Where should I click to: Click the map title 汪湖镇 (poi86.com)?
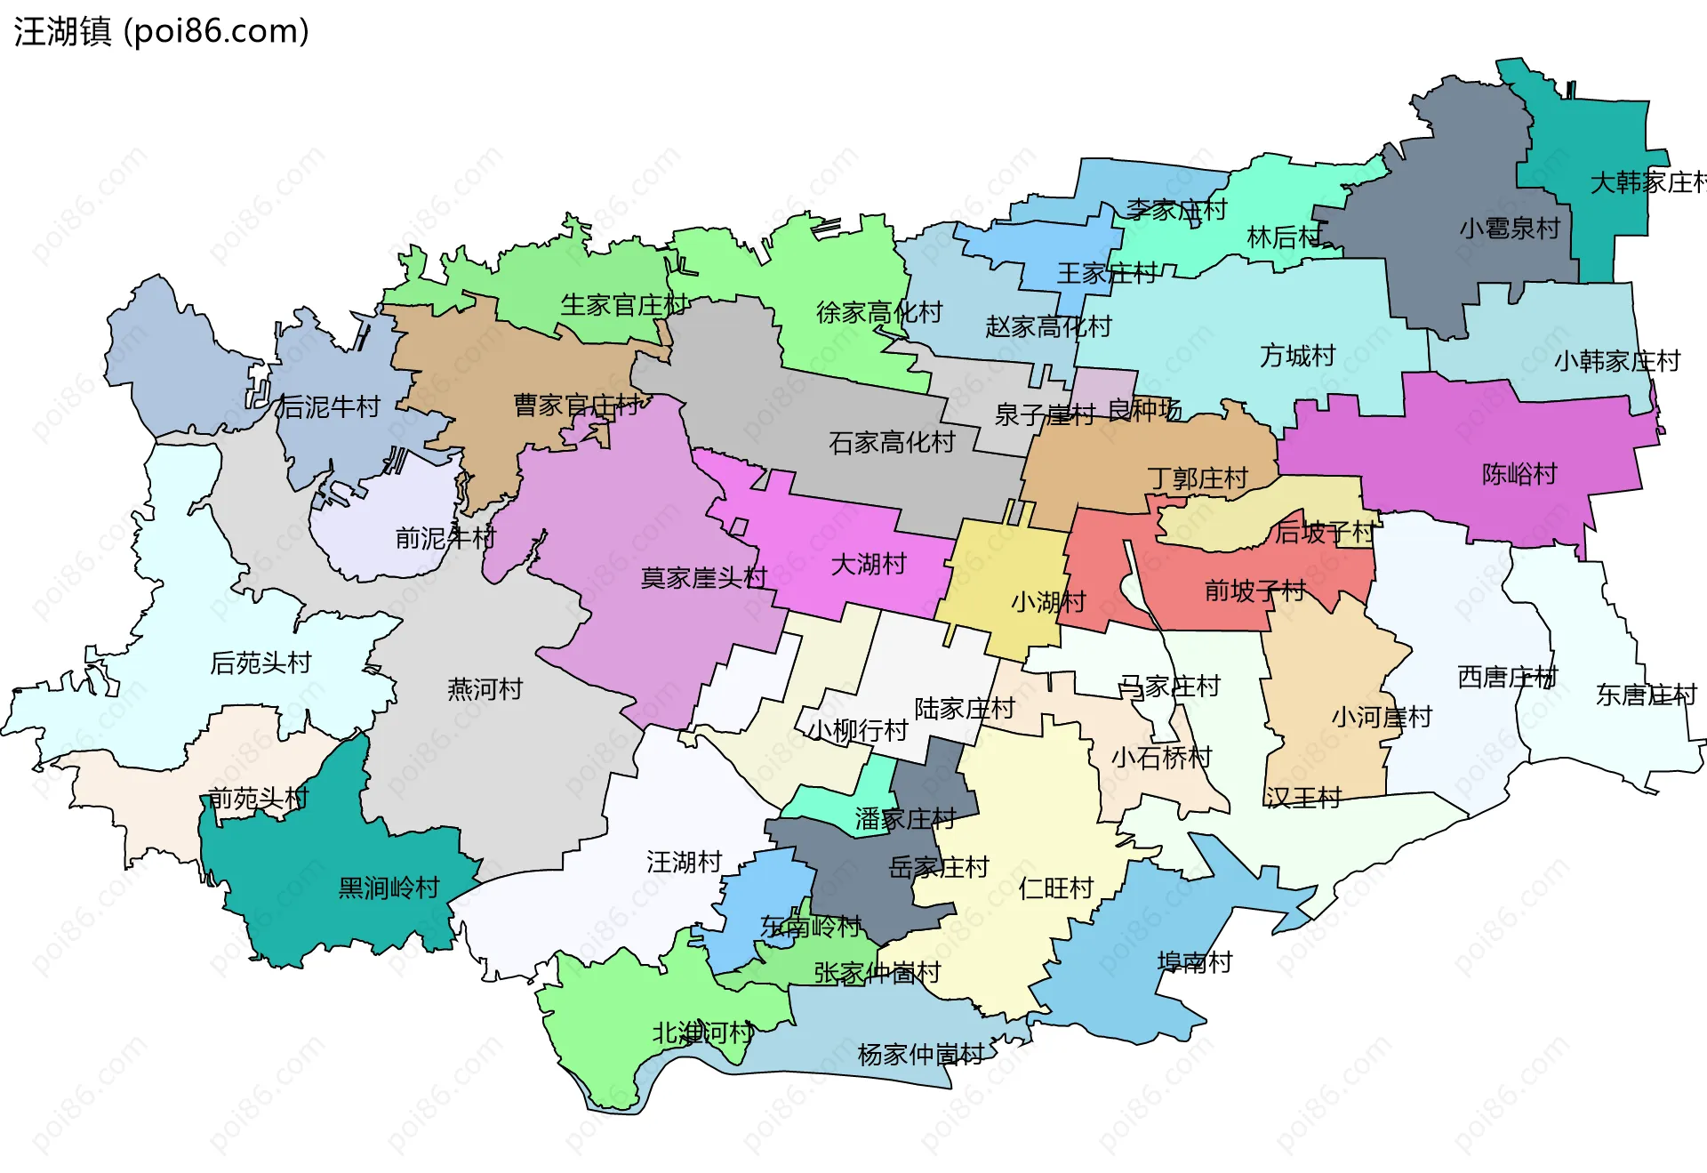(161, 31)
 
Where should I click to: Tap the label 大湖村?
(868, 564)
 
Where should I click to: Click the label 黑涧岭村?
(389, 888)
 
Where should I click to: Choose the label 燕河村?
(485, 689)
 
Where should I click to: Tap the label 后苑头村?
(260, 663)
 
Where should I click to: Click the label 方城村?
(1297, 356)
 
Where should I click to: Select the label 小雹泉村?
(1509, 229)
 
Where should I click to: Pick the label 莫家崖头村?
(703, 578)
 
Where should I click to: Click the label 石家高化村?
(891, 442)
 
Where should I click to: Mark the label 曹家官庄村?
(576, 406)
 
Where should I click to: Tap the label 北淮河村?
(702, 1032)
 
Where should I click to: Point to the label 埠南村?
(1194, 962)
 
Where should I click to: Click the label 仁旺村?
(1055, 888)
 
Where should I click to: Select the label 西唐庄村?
(1507, 677)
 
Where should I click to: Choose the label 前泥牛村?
(445, 538)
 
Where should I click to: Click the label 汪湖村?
(684, 862)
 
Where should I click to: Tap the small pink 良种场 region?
(1103, 386)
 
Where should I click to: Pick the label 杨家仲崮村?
(920, 1055)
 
